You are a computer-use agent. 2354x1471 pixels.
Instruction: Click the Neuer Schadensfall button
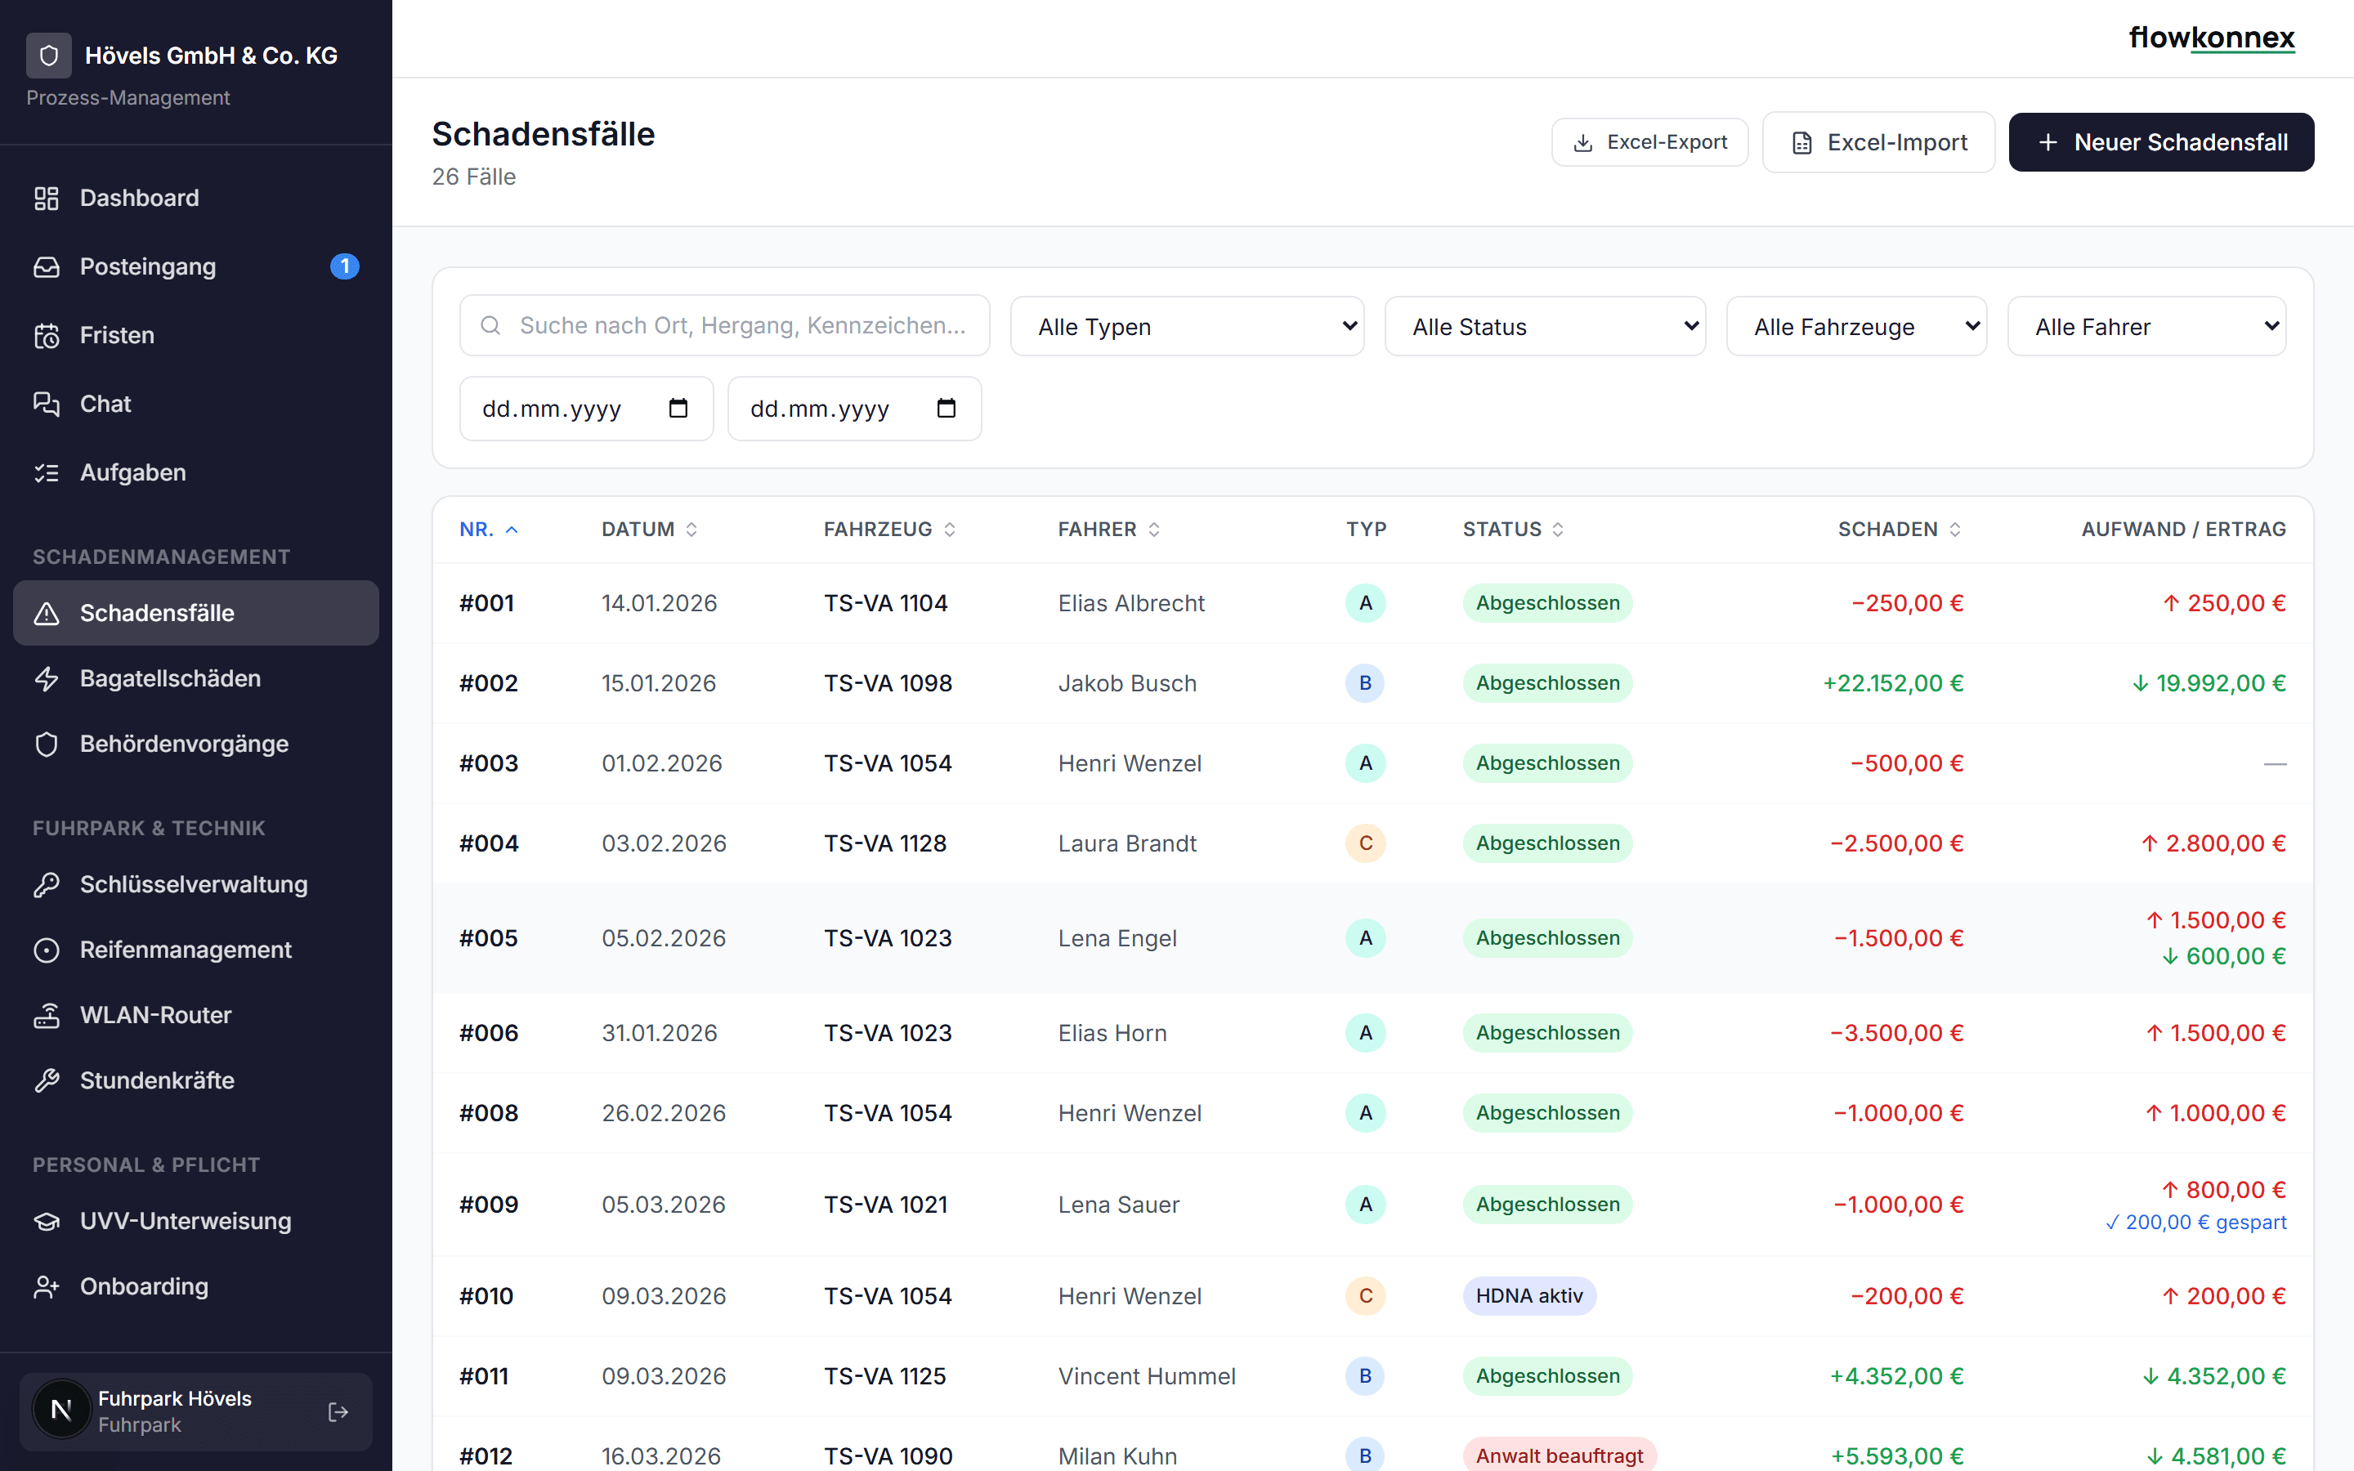click(x=2160, y=142)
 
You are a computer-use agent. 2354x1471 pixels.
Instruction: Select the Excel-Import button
click(x=1877, y=142)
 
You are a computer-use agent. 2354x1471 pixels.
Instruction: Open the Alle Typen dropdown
click(x=1187, y=326)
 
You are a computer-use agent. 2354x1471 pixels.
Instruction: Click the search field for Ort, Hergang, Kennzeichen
click(x=725, y=325)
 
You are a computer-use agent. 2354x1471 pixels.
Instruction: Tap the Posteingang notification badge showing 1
click(x=344, y=266)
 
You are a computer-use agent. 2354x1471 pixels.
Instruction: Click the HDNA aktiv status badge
click(x=1529, y=1296)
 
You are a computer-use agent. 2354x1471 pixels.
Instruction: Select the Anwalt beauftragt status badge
click(x=1560, y=1455)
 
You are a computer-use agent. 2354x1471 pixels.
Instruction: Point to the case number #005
click(x=488, y=938)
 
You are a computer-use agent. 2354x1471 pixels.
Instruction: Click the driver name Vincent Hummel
click(x=1147, y=1375)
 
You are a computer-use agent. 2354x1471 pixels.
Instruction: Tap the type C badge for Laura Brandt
click(x=1366, y=843)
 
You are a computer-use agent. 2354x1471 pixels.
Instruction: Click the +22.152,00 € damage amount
click(x=1893, y=683)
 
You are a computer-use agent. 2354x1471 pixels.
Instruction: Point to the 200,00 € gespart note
click(x=2195, y=1222)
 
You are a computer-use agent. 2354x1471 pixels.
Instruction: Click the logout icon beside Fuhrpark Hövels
click(x=338, y=1411)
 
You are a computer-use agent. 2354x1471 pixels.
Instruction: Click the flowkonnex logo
click(x=2212, y=38)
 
